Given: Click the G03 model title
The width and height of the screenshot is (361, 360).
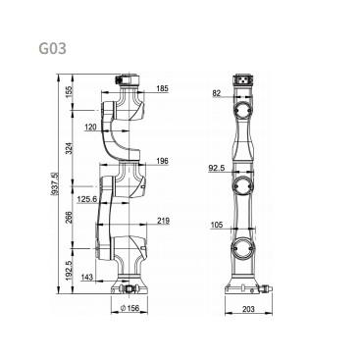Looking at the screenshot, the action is (53, 49).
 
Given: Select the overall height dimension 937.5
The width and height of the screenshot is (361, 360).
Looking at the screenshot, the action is (55, 183).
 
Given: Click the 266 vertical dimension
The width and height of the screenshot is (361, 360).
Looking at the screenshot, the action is (69, 218).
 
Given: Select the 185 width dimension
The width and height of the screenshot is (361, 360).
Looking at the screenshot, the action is (162, 88).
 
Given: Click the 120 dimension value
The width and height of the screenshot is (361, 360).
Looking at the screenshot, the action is (90, 127).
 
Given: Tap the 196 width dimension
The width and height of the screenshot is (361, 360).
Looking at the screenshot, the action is (162, 161).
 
